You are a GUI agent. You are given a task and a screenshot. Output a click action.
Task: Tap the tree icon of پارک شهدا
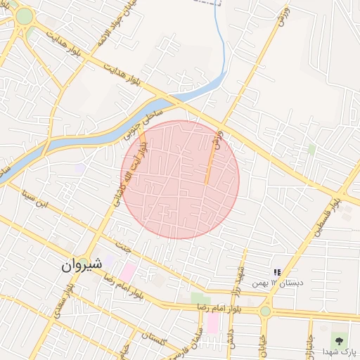tap(340, 340)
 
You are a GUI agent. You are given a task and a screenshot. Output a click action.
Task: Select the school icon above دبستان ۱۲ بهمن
tap(276, 272)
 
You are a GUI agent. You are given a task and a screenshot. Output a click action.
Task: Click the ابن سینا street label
tap(38, 197)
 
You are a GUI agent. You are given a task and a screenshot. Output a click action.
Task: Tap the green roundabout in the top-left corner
tap(24, 16)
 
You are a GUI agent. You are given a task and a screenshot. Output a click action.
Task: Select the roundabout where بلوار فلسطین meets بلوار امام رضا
tap(265, 311)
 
